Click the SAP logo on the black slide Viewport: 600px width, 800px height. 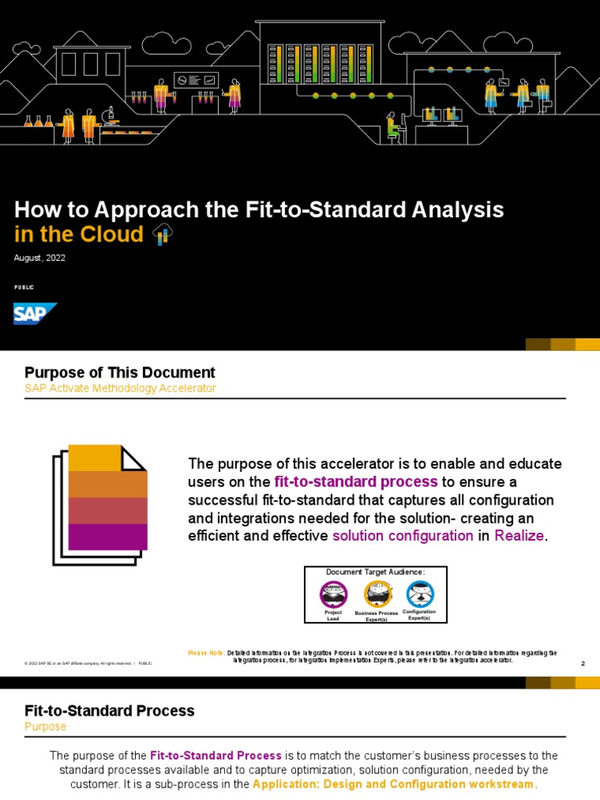pos(35,314)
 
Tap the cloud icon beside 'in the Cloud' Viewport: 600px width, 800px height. pos(162,234)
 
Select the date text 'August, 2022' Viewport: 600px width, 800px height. pos(40,259)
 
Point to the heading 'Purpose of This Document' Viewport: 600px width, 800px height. pos(120,373)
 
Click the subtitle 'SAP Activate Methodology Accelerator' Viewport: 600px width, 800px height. pos(120,388)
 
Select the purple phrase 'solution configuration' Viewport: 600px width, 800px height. pos(402,535)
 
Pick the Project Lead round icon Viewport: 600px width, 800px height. pos(334,594)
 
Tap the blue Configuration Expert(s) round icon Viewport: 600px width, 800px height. pos(420,594)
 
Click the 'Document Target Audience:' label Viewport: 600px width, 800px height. pos(376,573)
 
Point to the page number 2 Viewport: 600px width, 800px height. pos(583,663)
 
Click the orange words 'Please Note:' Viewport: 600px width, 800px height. pos(206,652)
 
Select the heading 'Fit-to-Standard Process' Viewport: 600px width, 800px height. pos(109,711)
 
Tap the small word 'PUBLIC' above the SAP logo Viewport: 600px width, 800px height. pos(24,287)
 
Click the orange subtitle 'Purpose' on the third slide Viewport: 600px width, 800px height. pos(45,727)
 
